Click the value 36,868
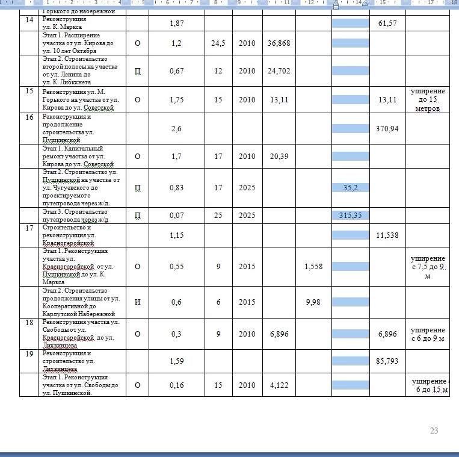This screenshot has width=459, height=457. point(279,43)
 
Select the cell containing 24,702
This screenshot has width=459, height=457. point(279,71)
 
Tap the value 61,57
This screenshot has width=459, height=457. point(387,23)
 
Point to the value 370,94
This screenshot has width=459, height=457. point(387,129)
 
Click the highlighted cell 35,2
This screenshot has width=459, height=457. point(351,188)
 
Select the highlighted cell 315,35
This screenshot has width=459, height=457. point(351,216)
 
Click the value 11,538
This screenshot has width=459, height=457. point(387,235)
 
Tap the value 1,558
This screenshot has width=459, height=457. point(313,266)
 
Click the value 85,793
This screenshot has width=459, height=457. point(387,361)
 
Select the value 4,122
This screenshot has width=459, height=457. point(279,385)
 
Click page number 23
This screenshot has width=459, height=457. point(434,431)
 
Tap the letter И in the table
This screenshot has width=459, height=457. point(138,302)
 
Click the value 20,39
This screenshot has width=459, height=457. point(279,157)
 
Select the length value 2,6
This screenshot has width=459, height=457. point(176,129)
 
